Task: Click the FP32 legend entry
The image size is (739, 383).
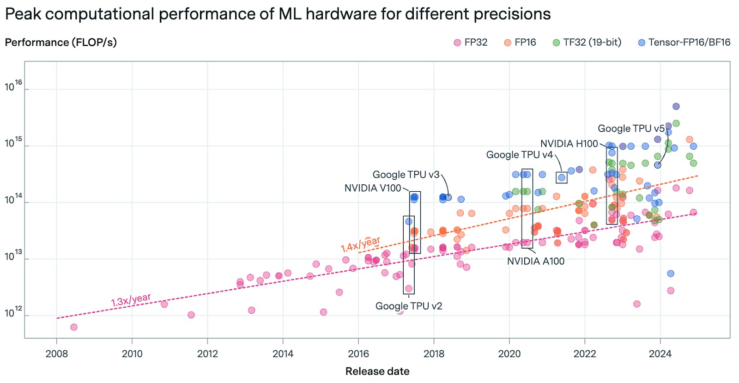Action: click(x=475, y=43)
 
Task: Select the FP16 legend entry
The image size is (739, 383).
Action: click(x=525, y=43)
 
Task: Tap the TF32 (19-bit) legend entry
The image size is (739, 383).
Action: click(x=592, y=43)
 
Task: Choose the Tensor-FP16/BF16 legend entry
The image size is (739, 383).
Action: click(x=689, y=43)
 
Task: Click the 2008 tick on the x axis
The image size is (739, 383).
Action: click(x=57, y=354)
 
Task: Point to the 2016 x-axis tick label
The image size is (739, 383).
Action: click(x=358, y=354)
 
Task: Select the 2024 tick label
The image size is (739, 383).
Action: click(x=660, y=354)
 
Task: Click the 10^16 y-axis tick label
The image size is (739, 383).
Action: click(x=13, y=86)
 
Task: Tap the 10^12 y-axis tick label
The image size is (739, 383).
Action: click(x=13, y=313)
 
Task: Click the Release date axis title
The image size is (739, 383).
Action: click(x=377, y=371)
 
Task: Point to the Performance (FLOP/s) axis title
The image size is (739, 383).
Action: click(x=61, y=43)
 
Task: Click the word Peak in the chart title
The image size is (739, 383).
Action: click(x=23, y=14)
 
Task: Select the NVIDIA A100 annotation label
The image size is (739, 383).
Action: click(x=536, y=261)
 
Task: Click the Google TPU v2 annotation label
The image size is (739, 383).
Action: click(x=409, y=306)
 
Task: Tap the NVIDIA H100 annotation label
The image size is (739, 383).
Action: click(x=569, y=144)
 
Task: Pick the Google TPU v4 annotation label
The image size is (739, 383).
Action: click(x=519, y=155)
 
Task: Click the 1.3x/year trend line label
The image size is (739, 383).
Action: click(x=131, y=300)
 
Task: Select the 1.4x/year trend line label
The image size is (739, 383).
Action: click(x=360, y=244)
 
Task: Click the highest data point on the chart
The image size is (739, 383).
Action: click(x=676, y=106)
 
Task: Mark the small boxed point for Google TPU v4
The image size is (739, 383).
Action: click(x=562, y=177)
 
